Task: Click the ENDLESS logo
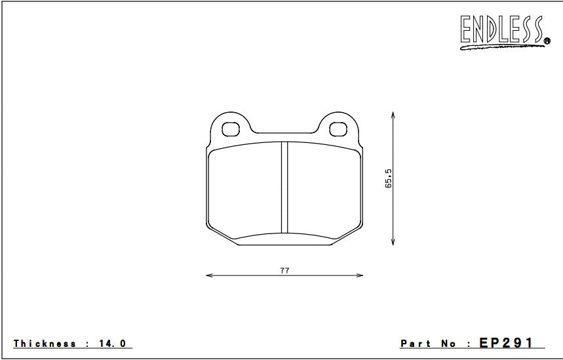tap(502, 31)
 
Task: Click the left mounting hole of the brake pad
tap(232, 129)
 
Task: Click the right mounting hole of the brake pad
tap(338, 129)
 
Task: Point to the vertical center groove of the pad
tap(284, 187)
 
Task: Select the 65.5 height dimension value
tap(389, 179)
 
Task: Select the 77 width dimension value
tap(284, 270)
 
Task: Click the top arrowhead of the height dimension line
tap(393, 114)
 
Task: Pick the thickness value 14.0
tap(113, 344)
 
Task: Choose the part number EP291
tap(507, 343)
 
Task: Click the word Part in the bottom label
tap(416, 344)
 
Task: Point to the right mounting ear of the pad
tap(338, 125)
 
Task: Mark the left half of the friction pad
tap(246, 190)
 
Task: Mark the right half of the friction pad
tap(324, 190)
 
